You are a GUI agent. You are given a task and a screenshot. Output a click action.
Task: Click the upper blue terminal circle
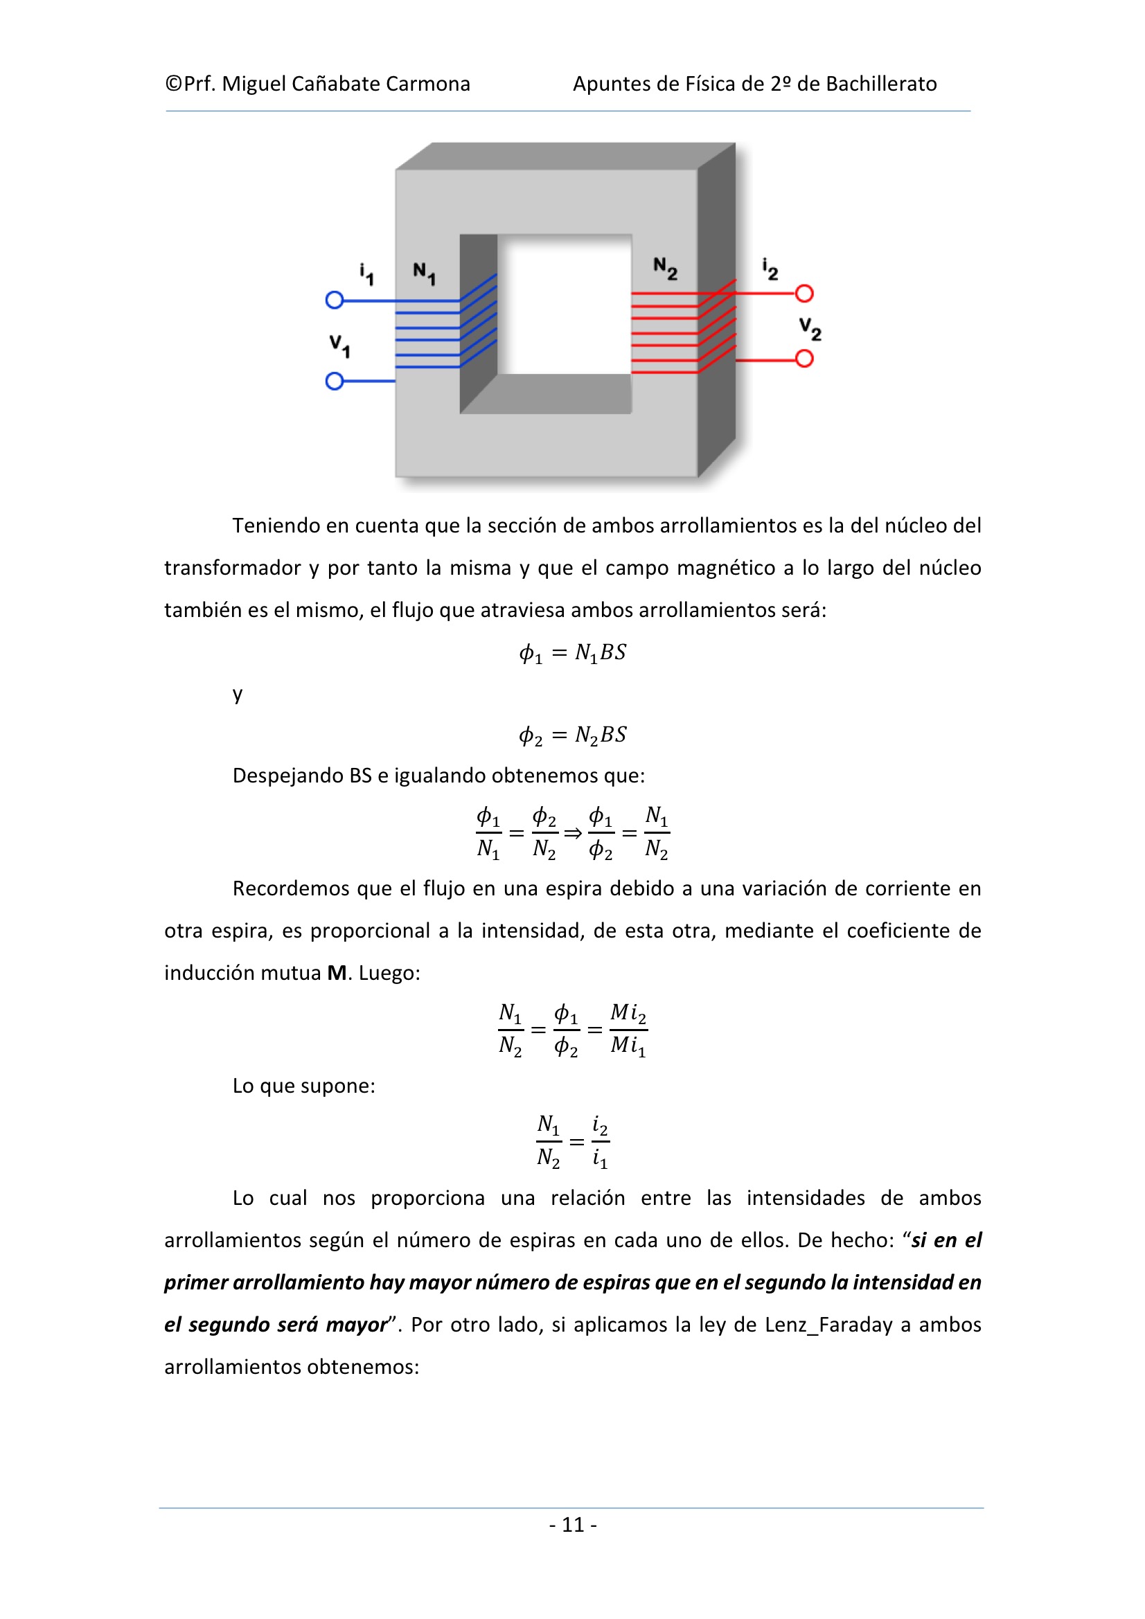pos(335,301)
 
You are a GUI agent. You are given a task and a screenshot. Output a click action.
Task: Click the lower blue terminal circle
pos(335,382)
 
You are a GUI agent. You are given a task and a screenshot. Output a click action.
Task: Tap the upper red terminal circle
pos(804,294)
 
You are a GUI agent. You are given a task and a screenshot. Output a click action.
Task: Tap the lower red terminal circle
pos(804,359)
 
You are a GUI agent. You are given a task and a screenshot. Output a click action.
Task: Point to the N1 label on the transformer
pos(424,274)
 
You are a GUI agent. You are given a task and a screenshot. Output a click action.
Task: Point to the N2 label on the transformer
pos(664,269)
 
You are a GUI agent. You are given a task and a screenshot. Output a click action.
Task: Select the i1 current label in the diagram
pos(366,274)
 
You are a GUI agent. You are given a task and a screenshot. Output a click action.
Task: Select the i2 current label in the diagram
pos(770,269)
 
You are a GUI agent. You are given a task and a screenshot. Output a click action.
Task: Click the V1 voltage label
pos(339,346)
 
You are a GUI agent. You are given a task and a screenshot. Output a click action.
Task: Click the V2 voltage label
pos(810,329)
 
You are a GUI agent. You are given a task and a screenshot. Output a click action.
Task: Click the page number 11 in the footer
pos(573,1526)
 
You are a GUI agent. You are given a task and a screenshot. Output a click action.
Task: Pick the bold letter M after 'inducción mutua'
pos(337,973)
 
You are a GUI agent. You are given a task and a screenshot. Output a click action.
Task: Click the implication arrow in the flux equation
pos(573,834)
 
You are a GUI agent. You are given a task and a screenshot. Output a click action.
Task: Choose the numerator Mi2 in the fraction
pos(628,1013)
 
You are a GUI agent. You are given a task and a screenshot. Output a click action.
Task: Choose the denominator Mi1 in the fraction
pos(628,1046)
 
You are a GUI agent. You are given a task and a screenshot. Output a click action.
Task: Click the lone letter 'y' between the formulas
pos(238,695)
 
